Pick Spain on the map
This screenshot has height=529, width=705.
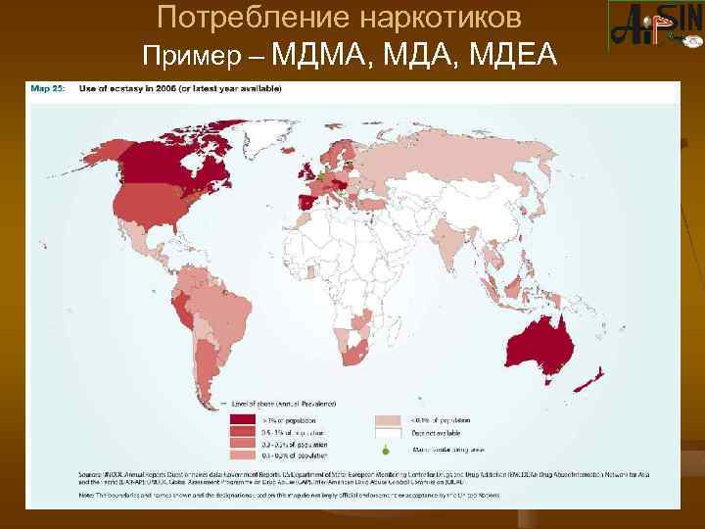click(x=305, y=204)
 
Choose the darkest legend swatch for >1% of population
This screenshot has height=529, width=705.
click(x=239, y=418)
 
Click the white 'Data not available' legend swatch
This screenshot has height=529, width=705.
click(x=387, y=432)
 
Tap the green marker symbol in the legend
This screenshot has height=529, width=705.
click(x=385, y=450)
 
